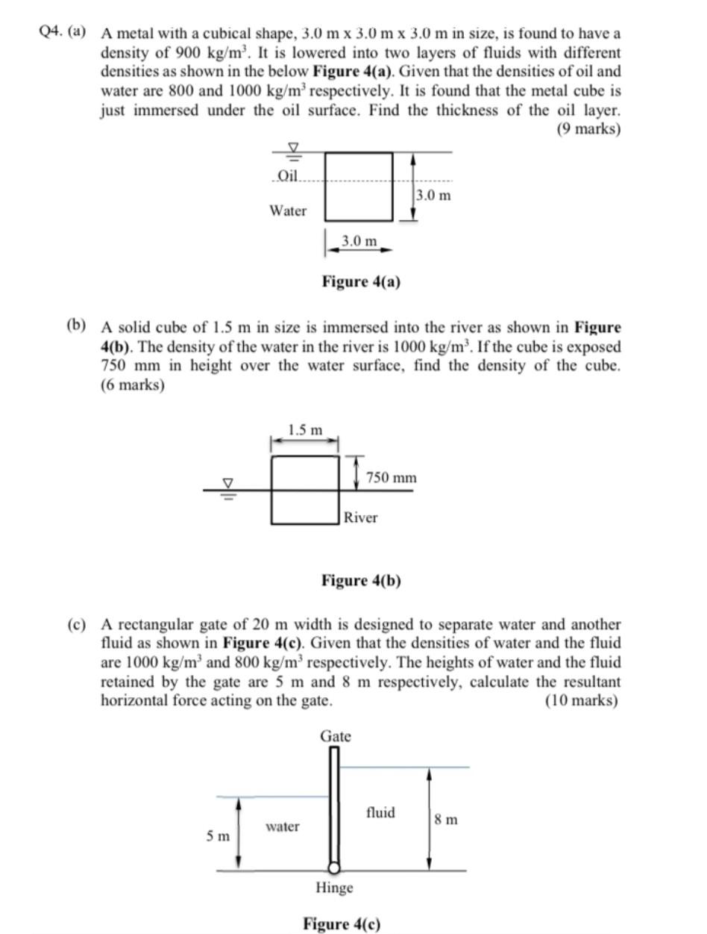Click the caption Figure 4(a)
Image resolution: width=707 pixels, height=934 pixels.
pyautogui.click(x=361, y=281)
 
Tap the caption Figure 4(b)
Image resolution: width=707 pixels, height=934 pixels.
pyautogui.click(x=361, y=580)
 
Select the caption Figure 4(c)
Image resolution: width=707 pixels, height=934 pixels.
pyautogui.click(x=342, y=924)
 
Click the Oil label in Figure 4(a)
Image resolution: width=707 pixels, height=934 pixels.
pyautogui.click(x=287, y=175)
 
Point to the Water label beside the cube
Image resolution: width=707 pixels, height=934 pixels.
pyautogui.click(x=288, y=211)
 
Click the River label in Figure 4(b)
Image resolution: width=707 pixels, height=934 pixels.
pyautogui.click(x=361, y=517)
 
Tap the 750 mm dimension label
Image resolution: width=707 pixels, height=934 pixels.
pyautogui.click(x=392, y=477)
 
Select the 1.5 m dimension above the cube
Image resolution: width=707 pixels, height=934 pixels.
pyautogui.click(x=306, y=430)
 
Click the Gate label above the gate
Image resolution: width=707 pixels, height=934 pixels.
pyautogui.click(x=336, y=736)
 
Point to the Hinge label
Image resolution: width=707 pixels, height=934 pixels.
pyautogui.click(x=334, y=888)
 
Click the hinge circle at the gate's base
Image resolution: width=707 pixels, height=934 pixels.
pyautogui.click(x=335, y=868)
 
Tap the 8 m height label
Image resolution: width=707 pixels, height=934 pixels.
pyautogui.click(x=446, y=820)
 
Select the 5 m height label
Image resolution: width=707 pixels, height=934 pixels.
pyautogui.click(x=218, y=836)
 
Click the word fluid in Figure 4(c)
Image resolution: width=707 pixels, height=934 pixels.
pyautogui.click(x=380, y=812)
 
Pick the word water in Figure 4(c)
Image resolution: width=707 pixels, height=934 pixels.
pyautogui.click(x=283, y=826)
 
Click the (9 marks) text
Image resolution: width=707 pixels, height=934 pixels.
pyautogui.click(x=588, y=128)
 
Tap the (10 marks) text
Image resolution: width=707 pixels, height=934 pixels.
pyautogui.click(x=582, y=700)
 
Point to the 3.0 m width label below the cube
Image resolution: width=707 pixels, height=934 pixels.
pyautogui.click(x=359, y=240)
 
